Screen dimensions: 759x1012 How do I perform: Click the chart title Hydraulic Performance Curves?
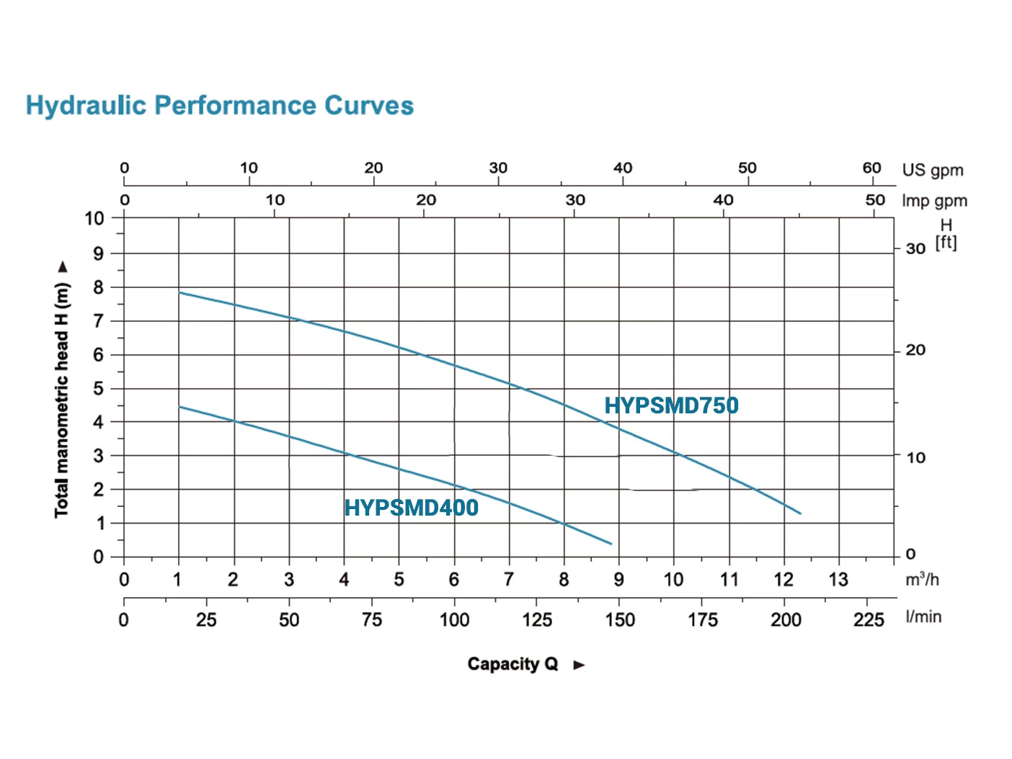click(220, 106)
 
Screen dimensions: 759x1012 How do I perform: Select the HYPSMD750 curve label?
click(671, 405)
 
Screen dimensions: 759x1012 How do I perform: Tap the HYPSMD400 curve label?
click(411, 508)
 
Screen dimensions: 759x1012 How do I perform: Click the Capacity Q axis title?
click(512, 664)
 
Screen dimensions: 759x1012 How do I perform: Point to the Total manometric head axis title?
click(62, 400)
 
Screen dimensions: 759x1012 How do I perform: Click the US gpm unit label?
click(933, 170)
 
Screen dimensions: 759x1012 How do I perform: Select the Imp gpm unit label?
click(934, 201)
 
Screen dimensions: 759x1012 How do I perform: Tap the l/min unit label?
click(923, 617)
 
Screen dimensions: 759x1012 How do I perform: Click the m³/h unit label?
click(922, 580)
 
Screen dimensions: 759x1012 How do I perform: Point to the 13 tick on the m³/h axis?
click(838, 580)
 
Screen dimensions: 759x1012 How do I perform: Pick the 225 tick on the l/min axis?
click(869, 620)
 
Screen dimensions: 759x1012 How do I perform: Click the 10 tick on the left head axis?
click(94, 218)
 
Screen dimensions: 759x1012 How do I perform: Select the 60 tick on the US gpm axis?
click(872, 168)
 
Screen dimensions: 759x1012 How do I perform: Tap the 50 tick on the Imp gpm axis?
click(875, 200)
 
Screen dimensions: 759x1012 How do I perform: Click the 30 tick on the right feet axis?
click(915, 248)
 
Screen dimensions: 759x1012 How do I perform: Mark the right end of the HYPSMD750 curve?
click(800, 513)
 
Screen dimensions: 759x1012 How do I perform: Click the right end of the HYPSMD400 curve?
click(611, 544)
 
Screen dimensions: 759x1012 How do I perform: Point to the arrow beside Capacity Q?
click(579, 665)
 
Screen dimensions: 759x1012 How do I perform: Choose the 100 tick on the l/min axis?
click(454, 620)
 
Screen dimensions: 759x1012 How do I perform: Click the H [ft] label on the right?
click(946, 235)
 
